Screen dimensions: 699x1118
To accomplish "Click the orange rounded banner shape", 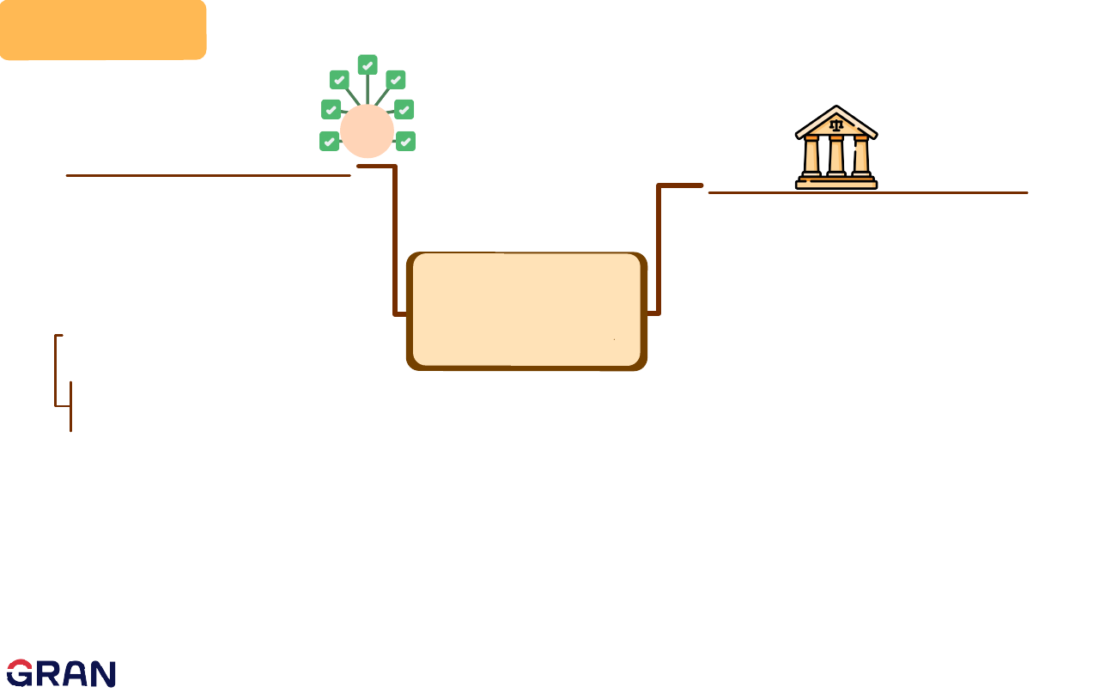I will click(103, 29).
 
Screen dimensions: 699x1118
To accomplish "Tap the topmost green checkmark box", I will click(368, 64).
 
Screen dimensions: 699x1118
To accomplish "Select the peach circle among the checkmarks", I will click(367, 131).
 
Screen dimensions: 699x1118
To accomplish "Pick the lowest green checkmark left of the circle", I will click(329, 142).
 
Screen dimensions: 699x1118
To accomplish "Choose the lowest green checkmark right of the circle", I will click(406, 142).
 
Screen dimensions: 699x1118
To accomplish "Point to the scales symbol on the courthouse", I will click(836, 125).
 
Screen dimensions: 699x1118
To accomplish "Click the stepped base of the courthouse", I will click(836, 182).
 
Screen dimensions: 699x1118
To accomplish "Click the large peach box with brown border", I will click(526, 311).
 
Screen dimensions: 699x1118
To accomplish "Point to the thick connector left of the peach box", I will click(395, 240).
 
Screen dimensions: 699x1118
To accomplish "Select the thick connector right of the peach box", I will click(659, 249).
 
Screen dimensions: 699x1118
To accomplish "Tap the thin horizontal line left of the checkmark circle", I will click(208, 175).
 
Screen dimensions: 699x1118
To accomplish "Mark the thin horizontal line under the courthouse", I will click(867, 192).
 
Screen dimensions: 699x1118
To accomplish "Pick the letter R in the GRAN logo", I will click(47, 674).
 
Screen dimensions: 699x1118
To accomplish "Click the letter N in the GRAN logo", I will click(102, 674).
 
